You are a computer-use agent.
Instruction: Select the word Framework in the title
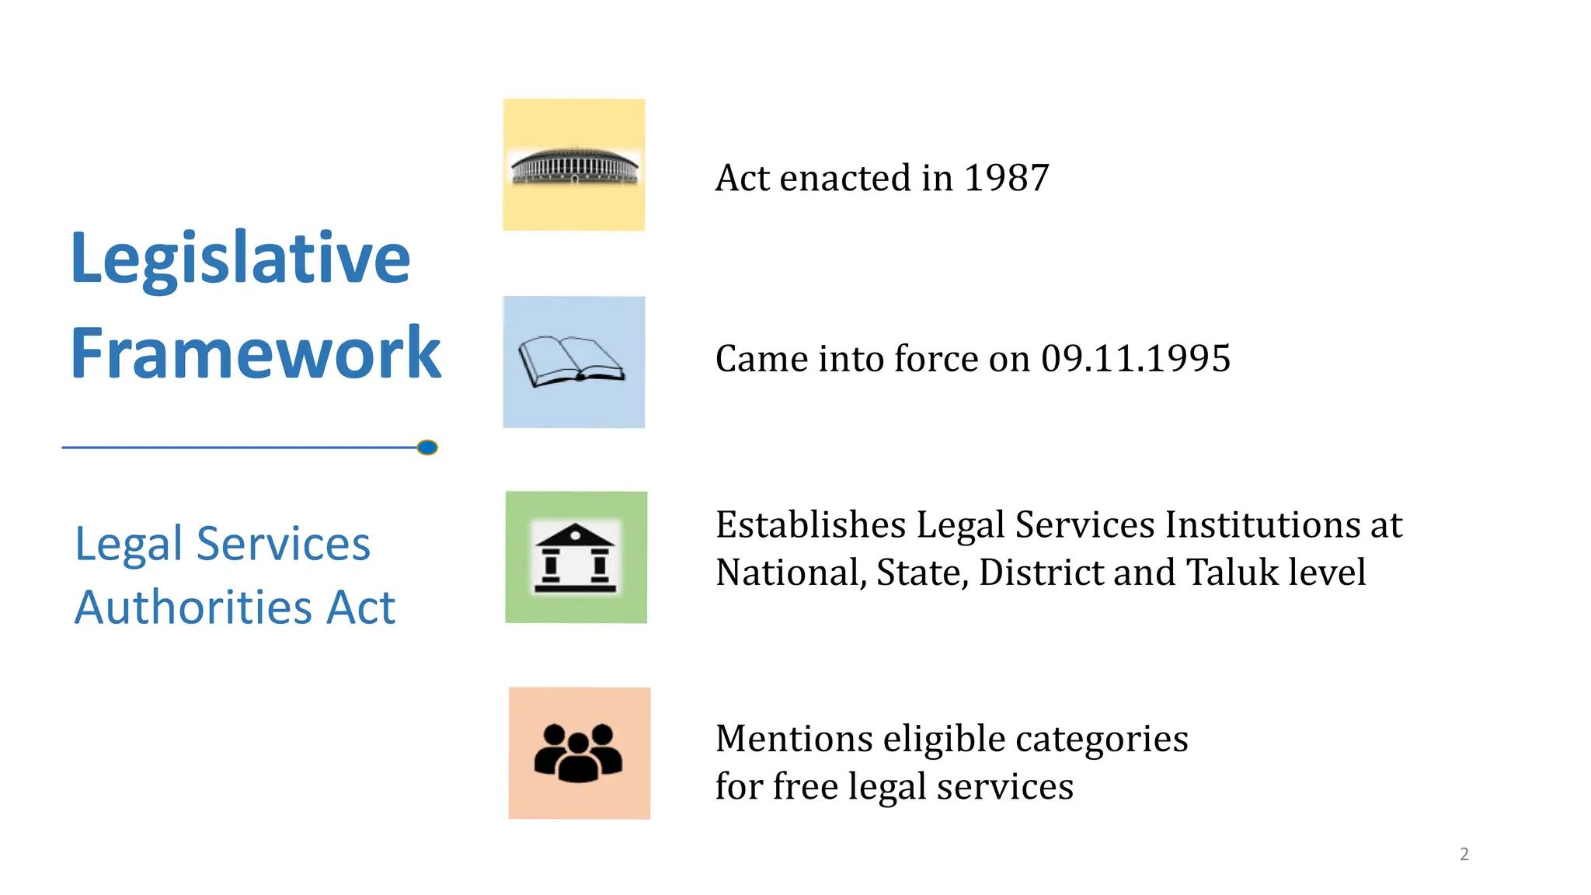[x=256, y=353]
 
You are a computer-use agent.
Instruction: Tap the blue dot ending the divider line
[x=427, y=447]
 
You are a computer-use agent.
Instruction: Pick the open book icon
[x=573, y=362]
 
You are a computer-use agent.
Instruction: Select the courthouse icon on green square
[x=576, y=558]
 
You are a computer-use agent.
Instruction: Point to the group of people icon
[x=579, y=753]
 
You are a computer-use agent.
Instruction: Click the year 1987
[x=1006, y=178]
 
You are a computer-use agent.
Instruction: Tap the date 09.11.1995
[x=1136, y=359]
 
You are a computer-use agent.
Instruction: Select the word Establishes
[x=810, y=525]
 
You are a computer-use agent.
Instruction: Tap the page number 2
[x=1464, y=855]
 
